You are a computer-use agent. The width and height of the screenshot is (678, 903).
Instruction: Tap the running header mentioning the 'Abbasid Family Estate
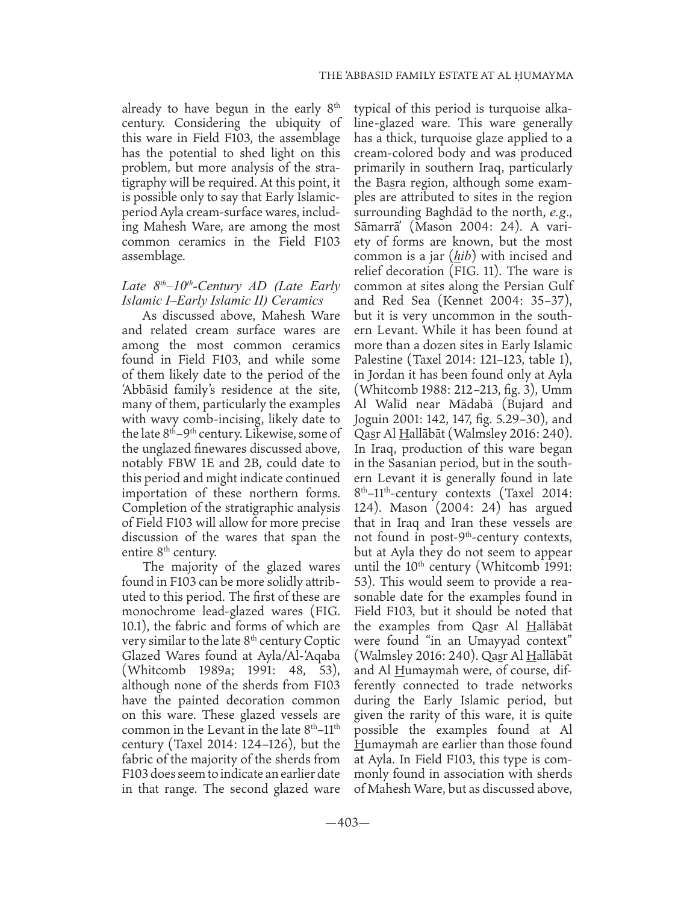point(446,75)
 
